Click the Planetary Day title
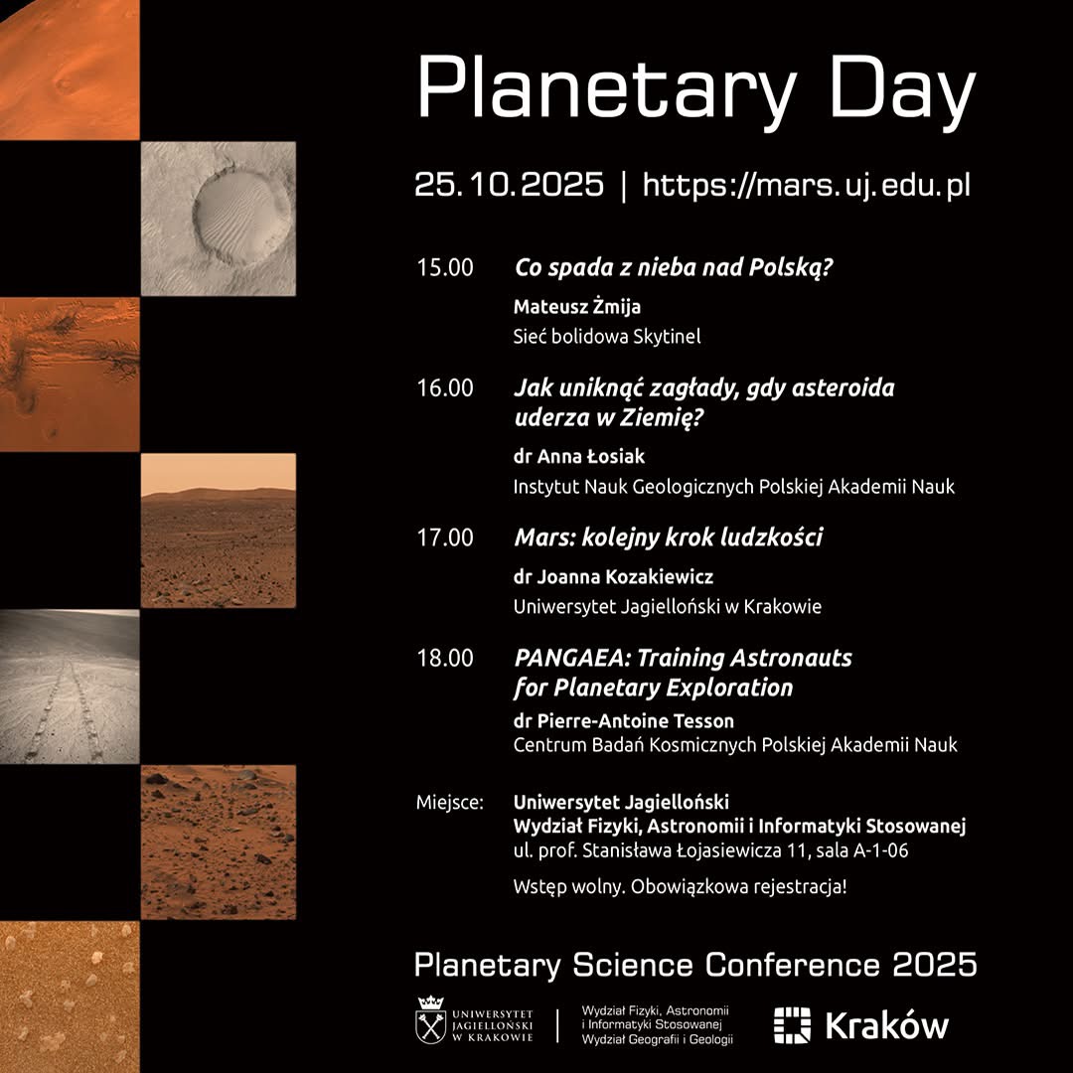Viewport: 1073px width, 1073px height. tap(696, 93)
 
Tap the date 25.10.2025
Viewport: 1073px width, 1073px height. tap(509, 185)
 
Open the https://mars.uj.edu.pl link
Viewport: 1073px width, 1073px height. tap(807, 186)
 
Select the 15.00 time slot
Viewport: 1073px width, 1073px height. tap(445, 267)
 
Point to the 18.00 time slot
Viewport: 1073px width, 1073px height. tap(445, 658)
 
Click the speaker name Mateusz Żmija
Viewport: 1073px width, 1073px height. tap(577, 307)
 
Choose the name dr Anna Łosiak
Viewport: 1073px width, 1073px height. tap(579, 456)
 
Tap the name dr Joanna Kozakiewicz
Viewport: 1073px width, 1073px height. tap(613, 577)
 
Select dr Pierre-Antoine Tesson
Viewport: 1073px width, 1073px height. tap(623, 720)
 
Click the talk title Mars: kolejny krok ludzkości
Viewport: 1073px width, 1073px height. tap(669, 537)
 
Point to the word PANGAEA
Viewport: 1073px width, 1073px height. tap(568, 658)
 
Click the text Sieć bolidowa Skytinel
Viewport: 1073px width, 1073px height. tap(607, 336)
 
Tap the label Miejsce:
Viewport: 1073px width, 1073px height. tap(450, 802)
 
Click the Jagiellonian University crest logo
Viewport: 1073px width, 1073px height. tap(431, 1019)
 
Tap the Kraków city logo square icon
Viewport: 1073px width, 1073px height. tap(792, 1025)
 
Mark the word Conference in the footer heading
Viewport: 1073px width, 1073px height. tap(793, 965)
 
